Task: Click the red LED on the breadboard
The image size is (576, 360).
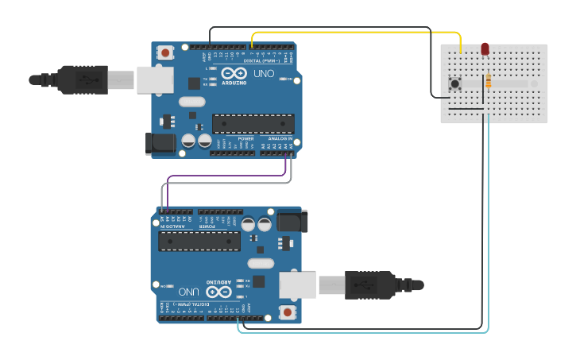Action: [x=485, y=49]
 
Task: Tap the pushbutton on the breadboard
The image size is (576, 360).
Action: [x=455, y=83]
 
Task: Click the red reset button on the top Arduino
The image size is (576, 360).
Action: [x=165, y=53]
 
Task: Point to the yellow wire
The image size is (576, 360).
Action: [x=358, y=33]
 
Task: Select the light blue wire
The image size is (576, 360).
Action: [x=488, y=238]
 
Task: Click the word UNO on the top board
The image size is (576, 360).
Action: [x=262, y=73]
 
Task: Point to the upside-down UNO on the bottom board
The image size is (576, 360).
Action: [x=190, y=291]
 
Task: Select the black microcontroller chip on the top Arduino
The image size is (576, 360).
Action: [x=253, y=123]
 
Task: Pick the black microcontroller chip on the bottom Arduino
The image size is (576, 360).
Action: [x=199, y=241]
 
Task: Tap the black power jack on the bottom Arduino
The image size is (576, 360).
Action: [x=292, y=221]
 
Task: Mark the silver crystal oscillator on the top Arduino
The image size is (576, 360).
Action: [x=191, y=102]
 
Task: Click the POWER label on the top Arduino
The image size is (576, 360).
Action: [x=245, y=137]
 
